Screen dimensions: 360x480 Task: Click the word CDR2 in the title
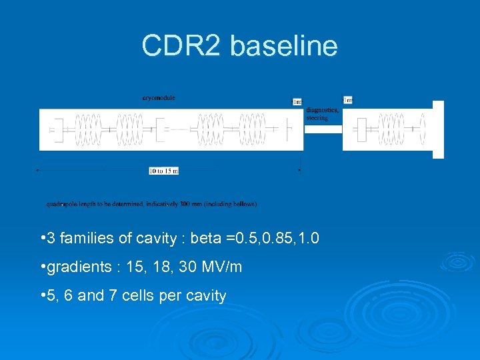tap(182, 46)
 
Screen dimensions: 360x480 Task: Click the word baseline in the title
tap(285, 46)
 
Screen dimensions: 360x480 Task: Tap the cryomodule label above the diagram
tap(159, 97)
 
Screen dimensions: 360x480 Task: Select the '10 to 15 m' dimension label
tap(163, 171)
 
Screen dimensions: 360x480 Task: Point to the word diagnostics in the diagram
tap(322, 111)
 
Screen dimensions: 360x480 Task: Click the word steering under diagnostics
tap(317, 117)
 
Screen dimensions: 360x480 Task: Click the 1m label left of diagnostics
tap(297, 102)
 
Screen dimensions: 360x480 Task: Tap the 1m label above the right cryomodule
tap(347, 100)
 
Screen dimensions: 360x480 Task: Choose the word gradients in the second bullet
tap(73, 267)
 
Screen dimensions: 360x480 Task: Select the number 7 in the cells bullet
tap(109, 295)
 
